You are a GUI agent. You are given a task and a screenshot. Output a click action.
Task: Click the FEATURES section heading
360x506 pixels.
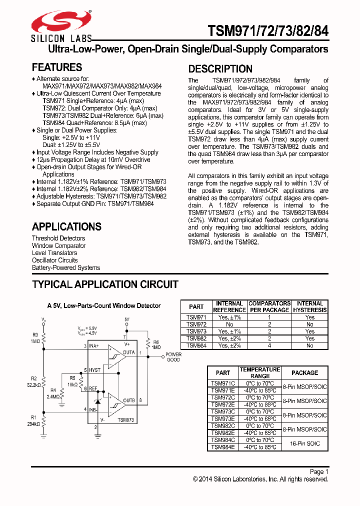tap(56, 67)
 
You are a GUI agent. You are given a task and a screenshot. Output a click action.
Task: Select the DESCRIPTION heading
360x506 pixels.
tap(220, 69)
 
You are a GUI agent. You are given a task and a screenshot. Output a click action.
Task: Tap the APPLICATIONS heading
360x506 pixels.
tap(66, 226)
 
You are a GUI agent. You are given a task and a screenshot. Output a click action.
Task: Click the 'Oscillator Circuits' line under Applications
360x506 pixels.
tap(54, 260)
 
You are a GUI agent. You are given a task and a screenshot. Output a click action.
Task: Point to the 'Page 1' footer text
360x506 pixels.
tap(319, 471)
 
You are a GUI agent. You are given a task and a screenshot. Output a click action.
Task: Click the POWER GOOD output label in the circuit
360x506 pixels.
tap(173, 357)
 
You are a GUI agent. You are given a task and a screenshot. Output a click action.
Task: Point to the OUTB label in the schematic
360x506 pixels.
tap(129, 400)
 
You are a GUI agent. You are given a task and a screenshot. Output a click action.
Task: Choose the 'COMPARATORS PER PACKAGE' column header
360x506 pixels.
tap(269, 306)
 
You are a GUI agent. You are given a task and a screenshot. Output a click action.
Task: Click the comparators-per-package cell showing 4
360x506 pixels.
tap(269, 345)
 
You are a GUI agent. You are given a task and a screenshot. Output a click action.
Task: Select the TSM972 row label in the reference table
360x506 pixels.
tap(196, 324)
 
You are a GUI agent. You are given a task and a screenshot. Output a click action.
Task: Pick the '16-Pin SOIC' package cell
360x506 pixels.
tap(304, 443)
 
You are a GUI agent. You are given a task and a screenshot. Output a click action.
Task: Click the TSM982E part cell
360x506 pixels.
tap(222, 433)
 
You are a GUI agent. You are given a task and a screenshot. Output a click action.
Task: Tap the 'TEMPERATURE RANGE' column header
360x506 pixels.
tap(260, 372)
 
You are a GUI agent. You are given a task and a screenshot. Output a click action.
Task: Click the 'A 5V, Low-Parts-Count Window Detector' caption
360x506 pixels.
tap(104, 305)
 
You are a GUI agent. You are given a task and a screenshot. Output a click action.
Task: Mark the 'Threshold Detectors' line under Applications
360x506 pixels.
tap(58, 238)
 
